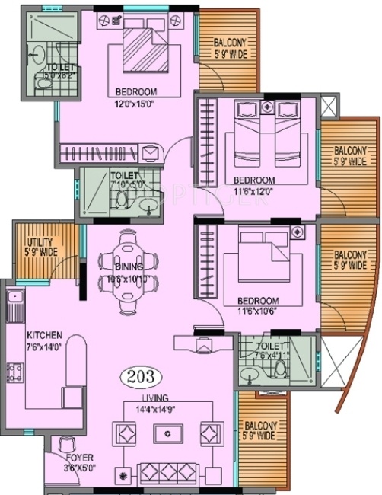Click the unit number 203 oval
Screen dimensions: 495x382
139,376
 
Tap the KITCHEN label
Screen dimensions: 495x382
44,335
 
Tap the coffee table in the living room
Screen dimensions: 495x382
165,434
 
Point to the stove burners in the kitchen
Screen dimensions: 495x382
14,372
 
